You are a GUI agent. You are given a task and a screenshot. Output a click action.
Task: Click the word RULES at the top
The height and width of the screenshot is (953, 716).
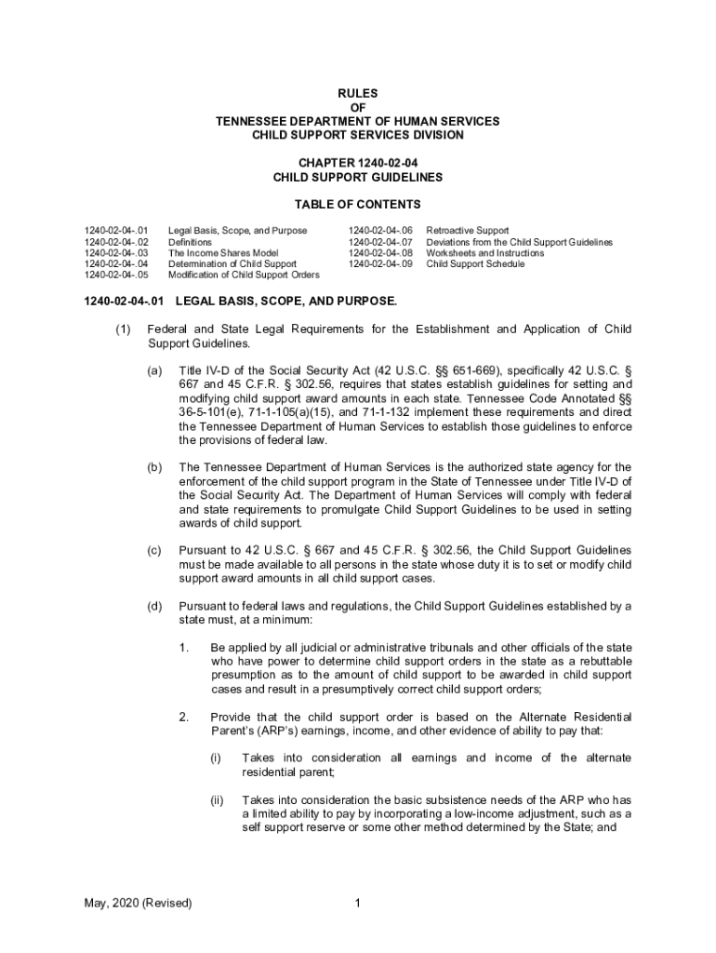coord(357,94)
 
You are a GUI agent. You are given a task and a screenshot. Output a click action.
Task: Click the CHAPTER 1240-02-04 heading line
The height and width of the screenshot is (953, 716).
coord(357,162)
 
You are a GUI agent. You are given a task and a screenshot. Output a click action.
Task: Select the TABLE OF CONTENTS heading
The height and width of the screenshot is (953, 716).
coord(357,204)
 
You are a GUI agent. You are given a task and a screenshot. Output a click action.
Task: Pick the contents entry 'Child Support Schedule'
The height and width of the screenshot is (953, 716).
coord(475,264)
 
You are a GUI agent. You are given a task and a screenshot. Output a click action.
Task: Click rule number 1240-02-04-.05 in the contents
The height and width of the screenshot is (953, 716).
coord(115,275)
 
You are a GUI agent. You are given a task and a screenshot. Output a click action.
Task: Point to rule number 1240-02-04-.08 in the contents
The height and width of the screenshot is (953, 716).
coord(380,253)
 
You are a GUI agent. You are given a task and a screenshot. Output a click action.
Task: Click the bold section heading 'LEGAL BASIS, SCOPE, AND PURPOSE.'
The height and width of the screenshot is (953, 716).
coord(285,302)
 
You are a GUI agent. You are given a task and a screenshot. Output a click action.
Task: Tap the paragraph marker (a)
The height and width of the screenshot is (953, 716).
coord(154,370)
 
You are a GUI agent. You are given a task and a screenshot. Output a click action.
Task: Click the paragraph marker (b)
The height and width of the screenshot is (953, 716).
coord(154,467)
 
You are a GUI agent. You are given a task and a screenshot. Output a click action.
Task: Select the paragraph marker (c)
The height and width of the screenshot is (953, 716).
coord(154,552)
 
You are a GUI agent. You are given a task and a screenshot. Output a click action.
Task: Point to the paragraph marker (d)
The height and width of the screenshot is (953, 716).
coord(154,607)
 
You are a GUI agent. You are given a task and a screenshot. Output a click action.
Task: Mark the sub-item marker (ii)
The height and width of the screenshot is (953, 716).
coord(217,800)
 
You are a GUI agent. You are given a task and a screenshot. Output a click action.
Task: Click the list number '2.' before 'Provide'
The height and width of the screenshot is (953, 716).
coord(184,717)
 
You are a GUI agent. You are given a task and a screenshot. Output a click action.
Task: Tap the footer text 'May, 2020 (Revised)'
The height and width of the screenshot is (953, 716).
coord(137,903)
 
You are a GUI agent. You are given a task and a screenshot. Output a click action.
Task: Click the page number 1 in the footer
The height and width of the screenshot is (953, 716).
coord(357,903)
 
